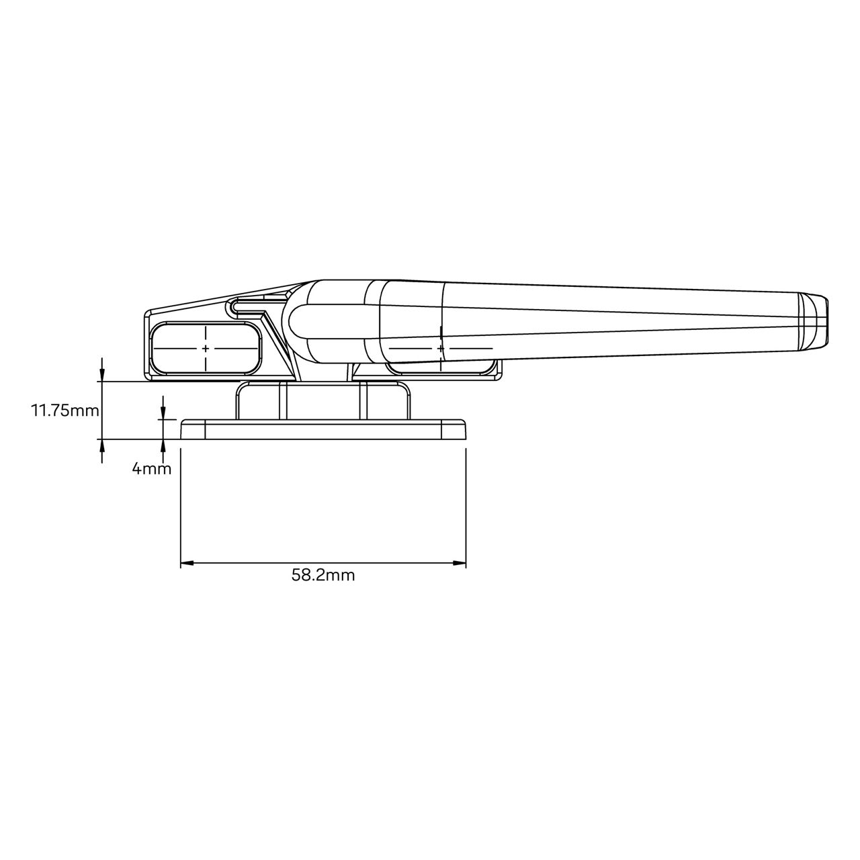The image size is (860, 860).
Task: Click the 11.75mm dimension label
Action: coord(64,410)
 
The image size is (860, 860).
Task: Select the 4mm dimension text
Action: coord(151,469)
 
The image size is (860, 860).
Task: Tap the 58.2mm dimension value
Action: coord(322,575)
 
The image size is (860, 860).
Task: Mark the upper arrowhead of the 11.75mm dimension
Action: coord(101,376)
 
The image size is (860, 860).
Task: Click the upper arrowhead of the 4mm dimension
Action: coord(163,415)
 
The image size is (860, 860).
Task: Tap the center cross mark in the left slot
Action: coord(206,348)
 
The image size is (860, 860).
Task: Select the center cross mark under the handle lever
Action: coord(440,348)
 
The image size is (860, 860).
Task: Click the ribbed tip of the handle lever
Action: coord(814,320)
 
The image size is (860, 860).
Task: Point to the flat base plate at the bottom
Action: coord(323,430)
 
